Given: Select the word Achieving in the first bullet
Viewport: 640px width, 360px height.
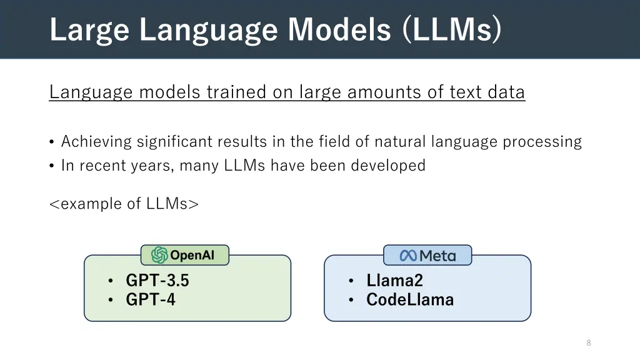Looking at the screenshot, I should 97,142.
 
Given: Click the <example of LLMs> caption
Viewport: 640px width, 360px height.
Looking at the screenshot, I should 124,204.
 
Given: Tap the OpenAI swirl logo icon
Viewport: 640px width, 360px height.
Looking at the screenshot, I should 159,255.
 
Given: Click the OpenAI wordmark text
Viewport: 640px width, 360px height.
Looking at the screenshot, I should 192,255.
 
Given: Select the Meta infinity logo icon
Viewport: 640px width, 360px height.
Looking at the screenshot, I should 408,255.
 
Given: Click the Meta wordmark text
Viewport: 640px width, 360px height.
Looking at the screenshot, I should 437,256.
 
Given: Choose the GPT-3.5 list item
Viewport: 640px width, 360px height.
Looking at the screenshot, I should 157,281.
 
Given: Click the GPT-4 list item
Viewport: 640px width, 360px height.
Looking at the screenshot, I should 151,300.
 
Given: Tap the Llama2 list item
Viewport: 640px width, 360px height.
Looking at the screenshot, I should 394,281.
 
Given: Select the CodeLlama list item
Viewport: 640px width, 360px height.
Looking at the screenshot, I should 410,300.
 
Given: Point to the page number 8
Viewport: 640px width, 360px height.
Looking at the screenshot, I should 589,342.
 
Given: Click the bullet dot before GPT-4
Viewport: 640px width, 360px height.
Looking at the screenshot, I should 110,300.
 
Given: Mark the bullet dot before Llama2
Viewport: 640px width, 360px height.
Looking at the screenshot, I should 351,281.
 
